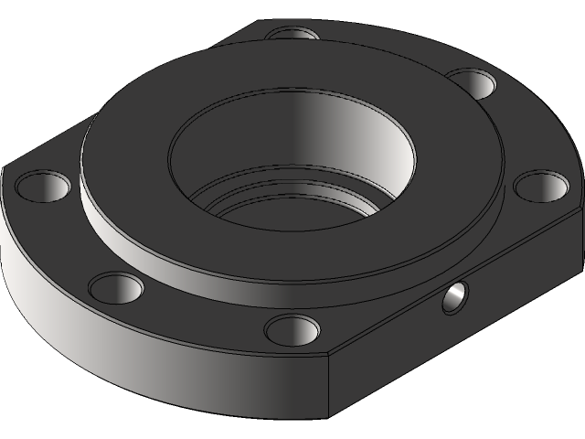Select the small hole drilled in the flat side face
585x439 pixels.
tap(454, 297)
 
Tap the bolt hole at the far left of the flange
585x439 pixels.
tap(43, 186)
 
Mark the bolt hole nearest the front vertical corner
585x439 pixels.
tap(292, 327)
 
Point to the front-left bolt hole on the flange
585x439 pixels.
tap(116, 289)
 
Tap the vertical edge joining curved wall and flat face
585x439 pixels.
tap(329, 384)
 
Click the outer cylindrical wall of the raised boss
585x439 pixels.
tap(183, 252)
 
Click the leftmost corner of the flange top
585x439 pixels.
tap(5, 169)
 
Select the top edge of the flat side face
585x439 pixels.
tap(457, 275)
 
